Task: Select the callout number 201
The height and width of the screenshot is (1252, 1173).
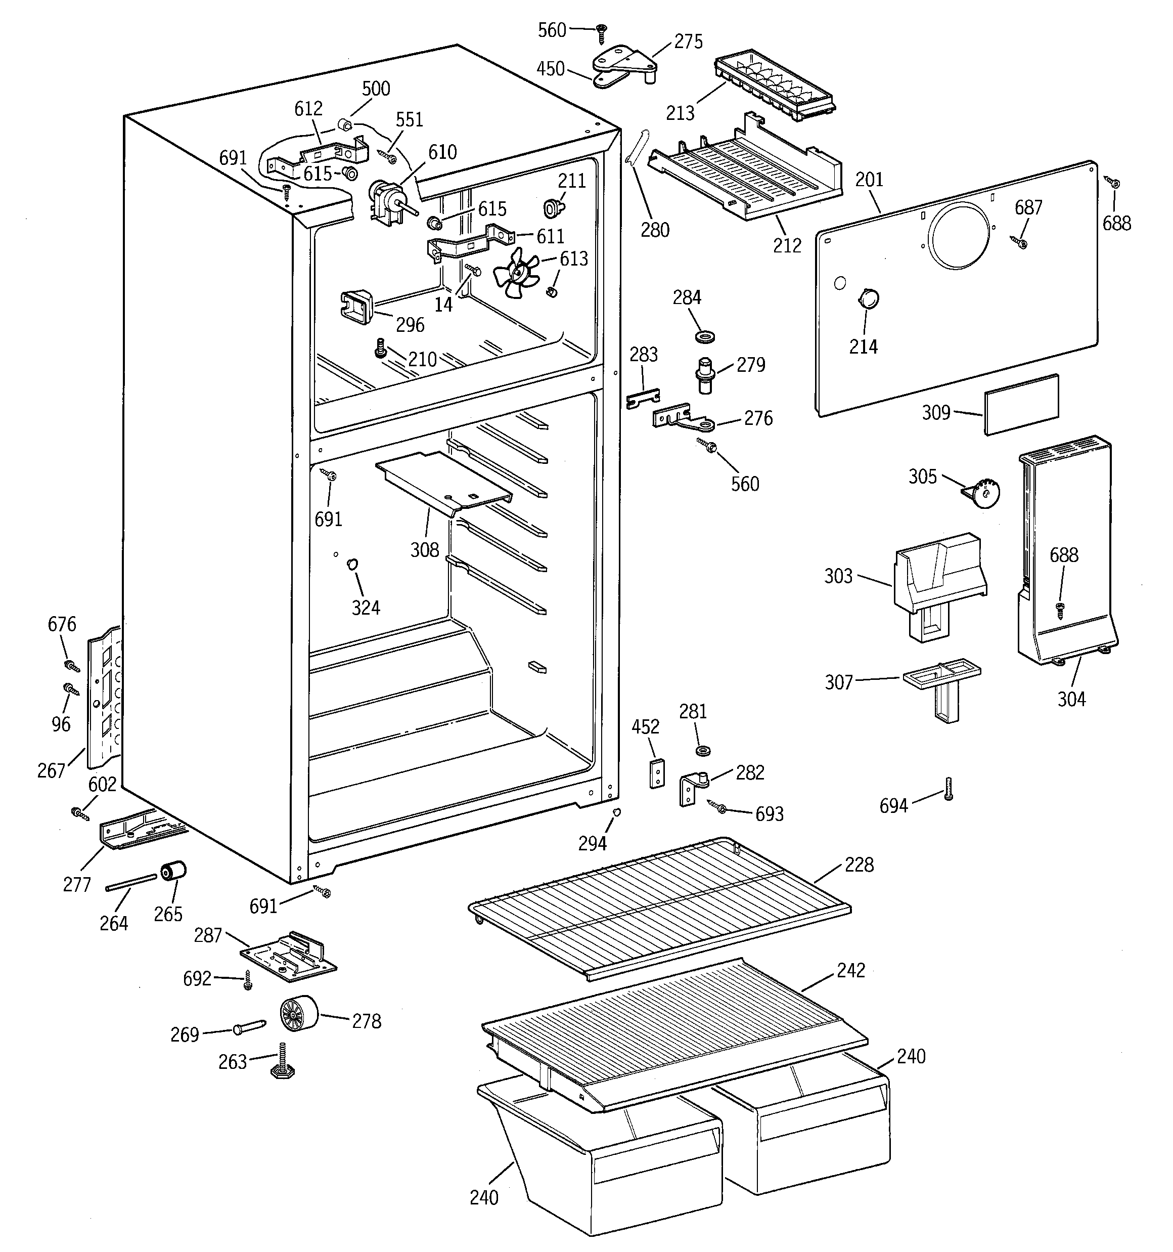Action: click(x=869, y=180)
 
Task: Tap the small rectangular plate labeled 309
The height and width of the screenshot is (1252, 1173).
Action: click(x=1021, y=404)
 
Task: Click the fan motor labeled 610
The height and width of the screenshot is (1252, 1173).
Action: click(x=385, y=200)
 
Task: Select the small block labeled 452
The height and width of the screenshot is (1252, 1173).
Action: click(x=657, y=773)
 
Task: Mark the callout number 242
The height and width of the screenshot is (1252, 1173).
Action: click(x=850, y=970)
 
